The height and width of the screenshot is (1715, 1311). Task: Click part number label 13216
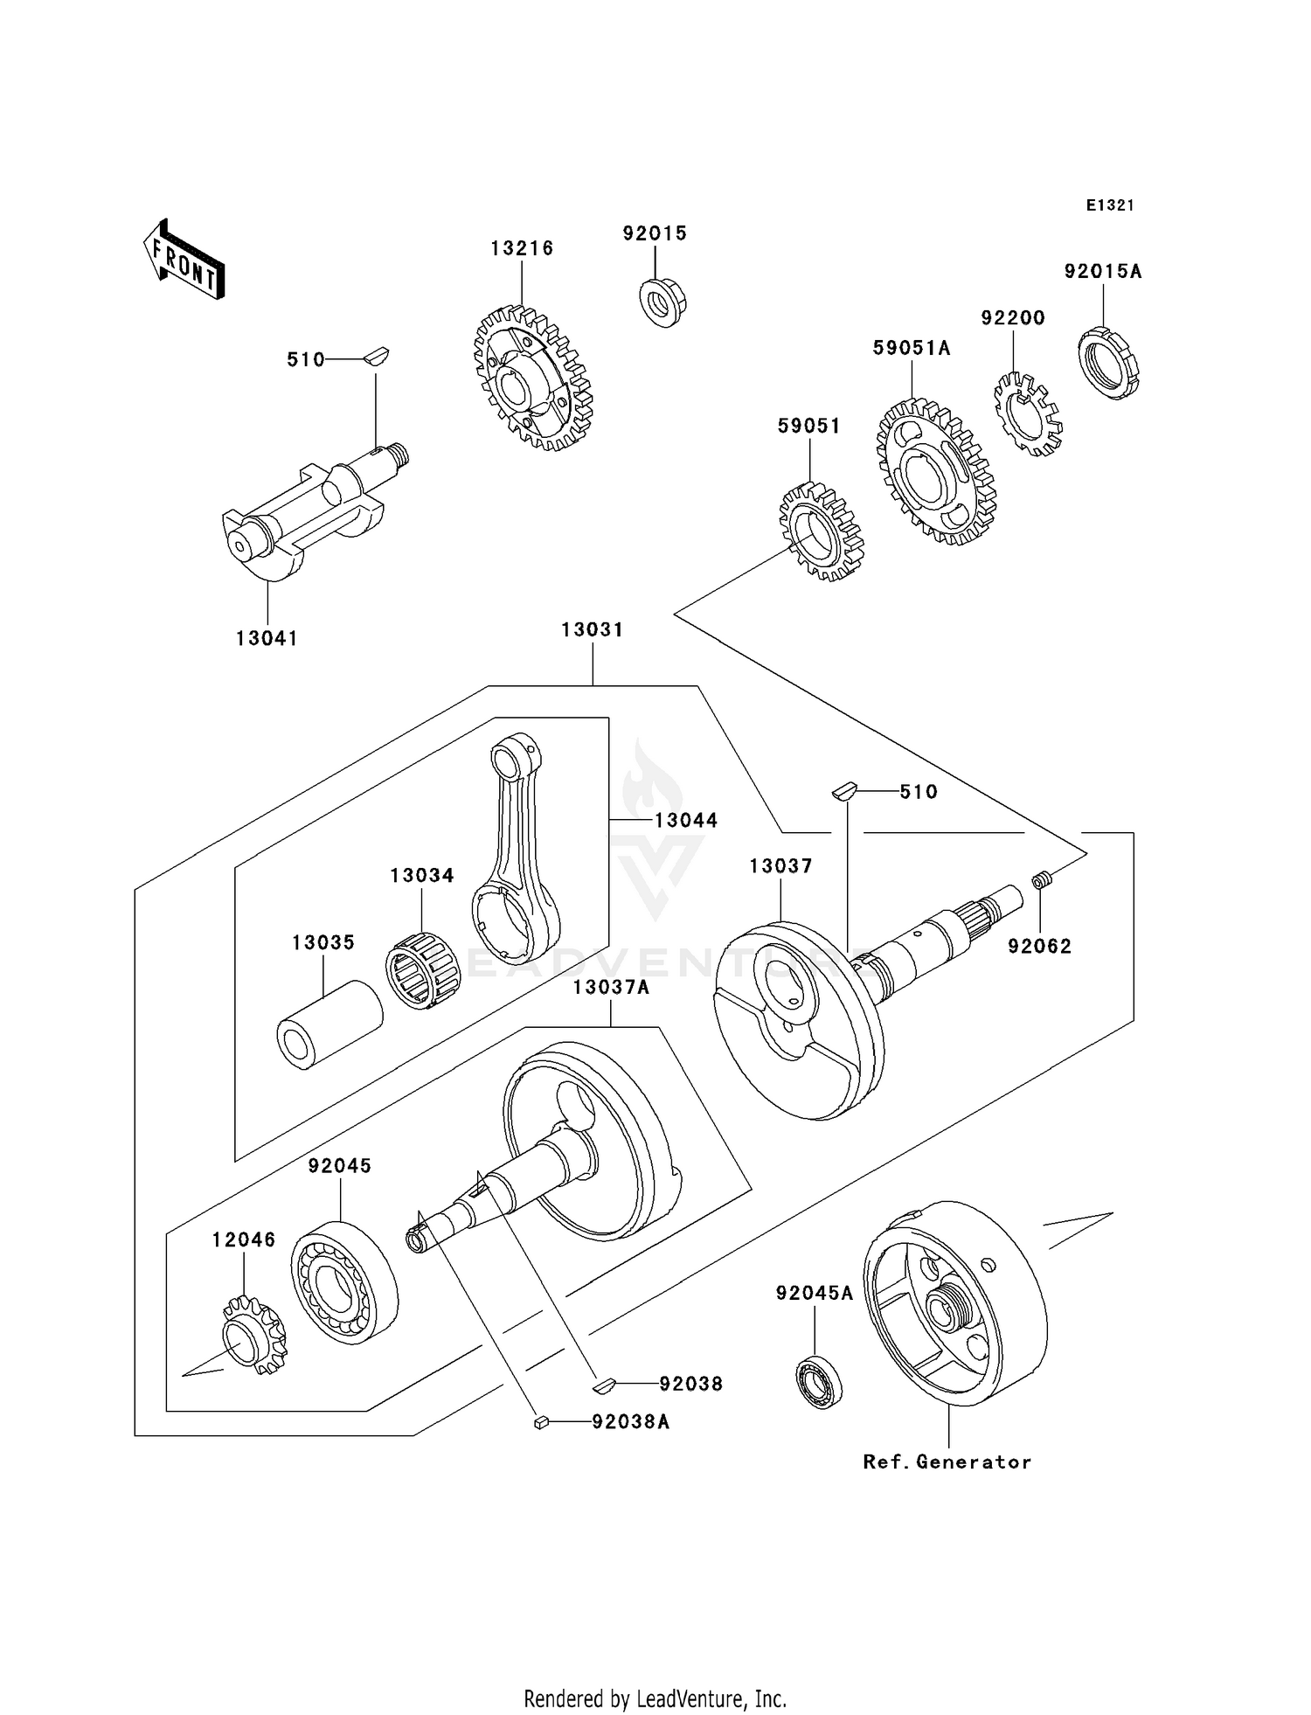(522, 248)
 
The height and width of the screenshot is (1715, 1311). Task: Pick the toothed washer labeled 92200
(1028, 414)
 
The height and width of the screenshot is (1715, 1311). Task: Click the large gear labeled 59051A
(935, 472)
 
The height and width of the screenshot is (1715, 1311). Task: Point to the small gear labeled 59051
(821, 532)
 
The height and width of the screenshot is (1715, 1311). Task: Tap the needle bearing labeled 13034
(422, 971)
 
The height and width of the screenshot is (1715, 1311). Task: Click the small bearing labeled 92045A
(818, 1382)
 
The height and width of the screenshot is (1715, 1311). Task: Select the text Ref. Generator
(947, 1462)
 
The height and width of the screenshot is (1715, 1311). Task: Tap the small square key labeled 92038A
(541, 1422)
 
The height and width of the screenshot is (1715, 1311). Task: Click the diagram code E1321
(1110, 205)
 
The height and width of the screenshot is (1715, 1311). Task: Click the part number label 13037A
(611, 987)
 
